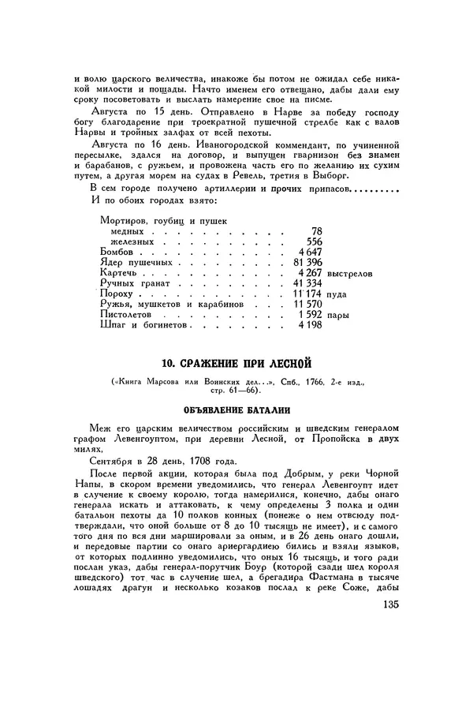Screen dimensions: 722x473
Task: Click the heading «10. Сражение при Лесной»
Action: [236, 363]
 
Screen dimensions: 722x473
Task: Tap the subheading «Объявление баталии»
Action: [236, 411]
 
